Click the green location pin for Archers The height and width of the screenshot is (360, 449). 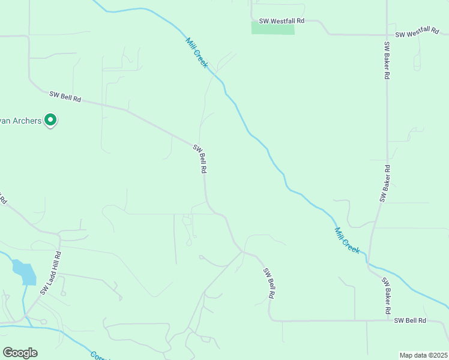click(x=51, y=120)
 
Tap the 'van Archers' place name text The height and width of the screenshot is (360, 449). click(x=20, y=121)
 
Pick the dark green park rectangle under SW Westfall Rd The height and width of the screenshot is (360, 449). click(x=273, y=28)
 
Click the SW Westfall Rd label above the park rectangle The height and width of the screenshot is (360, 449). click(x=282, y=20)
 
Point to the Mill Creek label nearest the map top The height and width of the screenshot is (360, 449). click(x=196, y=53)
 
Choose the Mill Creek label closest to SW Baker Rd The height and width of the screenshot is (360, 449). click(x=348, y=240)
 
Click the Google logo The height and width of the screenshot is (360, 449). click(x=20, y=353)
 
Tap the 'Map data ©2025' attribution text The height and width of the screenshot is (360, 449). click(x=423, y=355)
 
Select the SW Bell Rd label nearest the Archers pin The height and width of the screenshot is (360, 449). click(x=65, y=96)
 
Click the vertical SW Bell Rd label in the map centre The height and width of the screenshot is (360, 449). click(x=200, y=159)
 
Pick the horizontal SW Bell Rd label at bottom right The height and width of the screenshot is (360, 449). click(x=410, y=321)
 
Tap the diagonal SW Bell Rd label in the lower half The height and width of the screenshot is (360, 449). click(x=269, y=283)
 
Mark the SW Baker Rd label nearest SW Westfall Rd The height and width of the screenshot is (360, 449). click(x=387, y=61)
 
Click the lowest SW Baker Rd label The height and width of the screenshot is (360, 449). click(x=387, y=298)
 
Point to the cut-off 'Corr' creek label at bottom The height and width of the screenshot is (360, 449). click(x=97, y=355)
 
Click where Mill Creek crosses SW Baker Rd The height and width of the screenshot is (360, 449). click(x=369, y=263)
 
